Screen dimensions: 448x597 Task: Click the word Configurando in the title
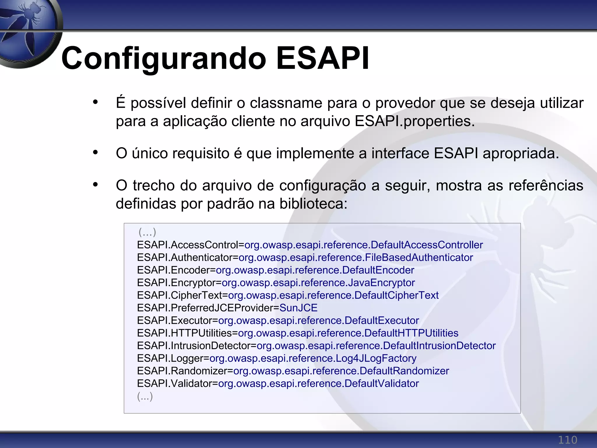(163, 58)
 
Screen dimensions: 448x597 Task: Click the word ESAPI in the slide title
(322, 58)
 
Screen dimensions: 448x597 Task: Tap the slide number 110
(567, 440)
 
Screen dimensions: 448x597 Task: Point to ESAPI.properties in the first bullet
(415, 121)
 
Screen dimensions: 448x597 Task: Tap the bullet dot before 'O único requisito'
(95, 153)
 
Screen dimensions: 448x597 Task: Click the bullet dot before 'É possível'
(95, 102)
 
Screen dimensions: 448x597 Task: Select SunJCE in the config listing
(298, 308)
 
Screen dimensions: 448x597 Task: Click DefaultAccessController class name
(426, 245)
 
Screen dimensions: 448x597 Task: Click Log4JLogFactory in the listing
(376, 358)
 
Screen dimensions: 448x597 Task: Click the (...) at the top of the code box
(147, 232)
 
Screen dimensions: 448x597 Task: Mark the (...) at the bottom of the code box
(145, 396)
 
